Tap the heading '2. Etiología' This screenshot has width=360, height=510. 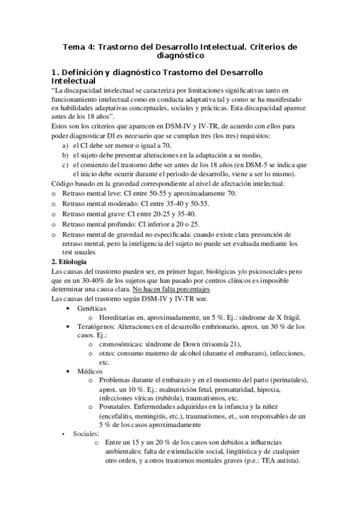pos(69,262)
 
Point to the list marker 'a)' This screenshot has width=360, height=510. pos(66,146)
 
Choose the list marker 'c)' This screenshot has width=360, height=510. pos(66,164)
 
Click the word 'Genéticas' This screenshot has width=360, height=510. pos(94,308)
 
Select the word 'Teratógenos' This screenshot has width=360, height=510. pos(96,327)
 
